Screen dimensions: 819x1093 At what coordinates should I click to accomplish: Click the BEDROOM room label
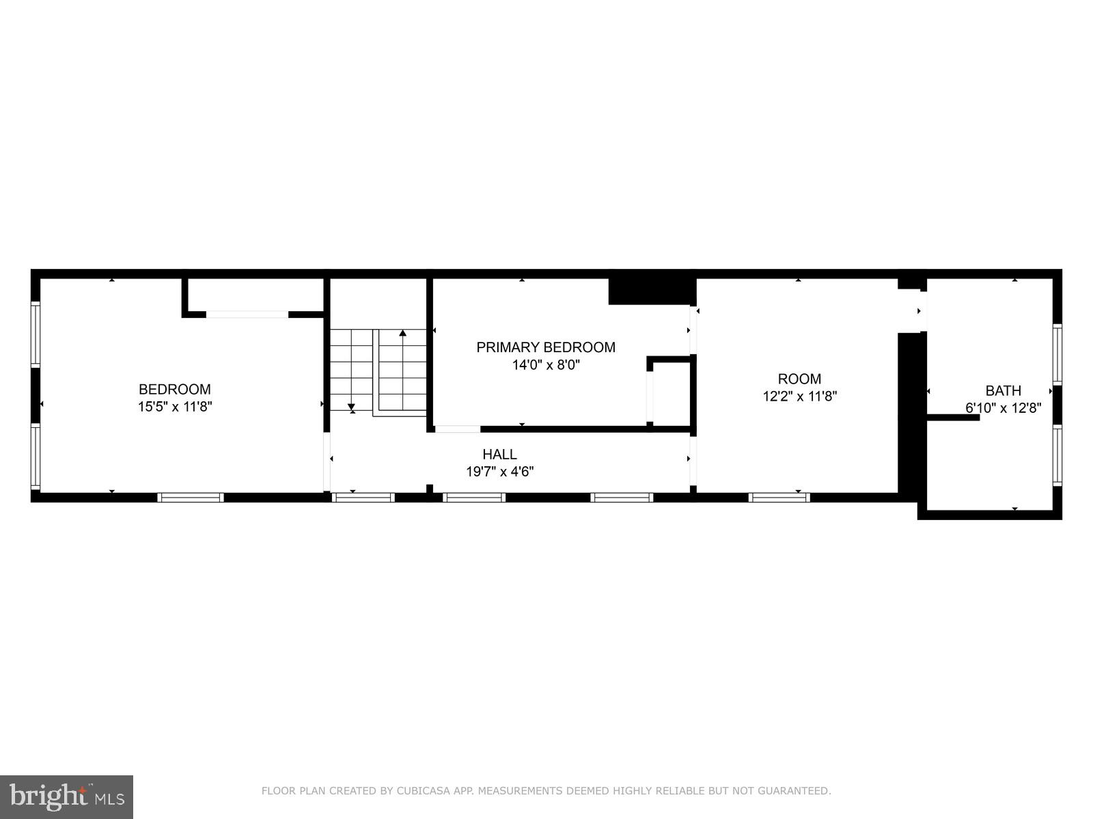pos(175,389)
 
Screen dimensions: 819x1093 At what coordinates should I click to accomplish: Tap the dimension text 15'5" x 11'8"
pos(175,407)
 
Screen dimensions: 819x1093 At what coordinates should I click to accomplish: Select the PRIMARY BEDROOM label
pos(546,347)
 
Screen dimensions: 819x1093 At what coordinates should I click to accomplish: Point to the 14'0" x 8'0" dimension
pos(546,365)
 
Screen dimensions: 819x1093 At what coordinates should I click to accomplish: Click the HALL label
pos(499,454)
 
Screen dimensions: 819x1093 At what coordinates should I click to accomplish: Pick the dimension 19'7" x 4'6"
pos(499,472)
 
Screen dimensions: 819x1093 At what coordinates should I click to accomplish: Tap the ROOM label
pos(799,379)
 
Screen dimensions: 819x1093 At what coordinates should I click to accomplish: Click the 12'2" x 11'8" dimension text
pos(799,397)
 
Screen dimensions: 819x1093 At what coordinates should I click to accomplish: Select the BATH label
pos(1003,390)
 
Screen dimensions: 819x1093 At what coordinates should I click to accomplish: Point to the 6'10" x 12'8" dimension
pos(1003,408)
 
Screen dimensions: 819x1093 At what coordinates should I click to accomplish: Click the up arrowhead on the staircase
pos(403,333)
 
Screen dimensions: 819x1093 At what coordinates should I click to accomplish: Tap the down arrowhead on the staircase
pos(352,408)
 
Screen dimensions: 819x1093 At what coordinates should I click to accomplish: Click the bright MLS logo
pos(66,796)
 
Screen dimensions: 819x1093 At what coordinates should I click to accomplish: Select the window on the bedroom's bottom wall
pos(191,498)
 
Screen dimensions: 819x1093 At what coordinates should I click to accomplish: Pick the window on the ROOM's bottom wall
pos(779,498)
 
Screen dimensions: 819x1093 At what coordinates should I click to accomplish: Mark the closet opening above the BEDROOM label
pos(247,315)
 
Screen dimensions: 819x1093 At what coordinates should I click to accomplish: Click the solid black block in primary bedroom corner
pos(651,291)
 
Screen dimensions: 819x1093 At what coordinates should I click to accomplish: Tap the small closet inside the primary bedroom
pos(672,394)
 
